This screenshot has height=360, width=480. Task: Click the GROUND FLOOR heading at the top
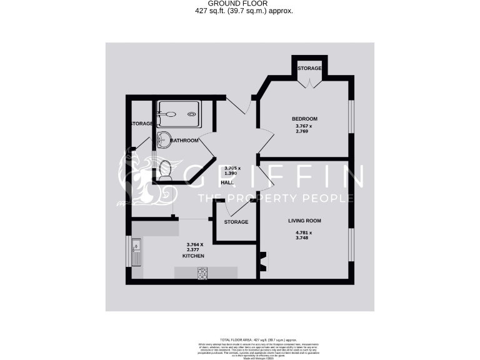(240, 4)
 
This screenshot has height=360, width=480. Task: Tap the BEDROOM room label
(304, 119)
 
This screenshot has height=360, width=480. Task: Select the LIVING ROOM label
(304, 221)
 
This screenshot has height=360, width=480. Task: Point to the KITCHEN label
(193, 256)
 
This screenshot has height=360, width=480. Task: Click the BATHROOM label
(184, 141)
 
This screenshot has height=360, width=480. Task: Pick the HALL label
(227, 182)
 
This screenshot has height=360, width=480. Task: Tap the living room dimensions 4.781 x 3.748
(303, 236)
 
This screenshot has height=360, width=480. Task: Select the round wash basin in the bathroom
(164, 139)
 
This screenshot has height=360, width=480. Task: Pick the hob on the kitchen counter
(203, 273)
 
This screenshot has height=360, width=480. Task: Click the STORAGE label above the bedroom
(309, 68)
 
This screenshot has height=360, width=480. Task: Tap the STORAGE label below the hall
(236, 222)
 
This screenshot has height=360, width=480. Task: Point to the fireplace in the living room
(262, 261)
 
